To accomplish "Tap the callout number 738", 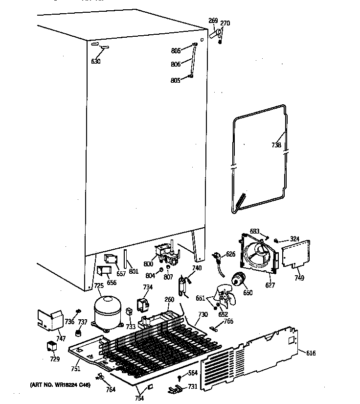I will tap(276, 145).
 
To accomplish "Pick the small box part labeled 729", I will tap(51, 347).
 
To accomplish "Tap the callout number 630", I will tap(95, 61).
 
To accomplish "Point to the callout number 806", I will tap(176, 64).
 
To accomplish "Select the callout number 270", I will tap(225, 23).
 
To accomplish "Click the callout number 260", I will tap(169, 300).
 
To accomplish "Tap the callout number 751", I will tap(75, 369).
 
